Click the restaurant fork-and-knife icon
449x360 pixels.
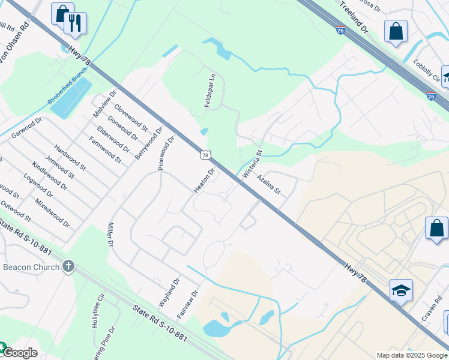click(x=75, y=23)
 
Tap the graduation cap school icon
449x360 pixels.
click(x=400, y=290)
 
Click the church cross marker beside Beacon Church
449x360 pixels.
click(x=68, y=266)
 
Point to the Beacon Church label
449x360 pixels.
click(x=31, y=267)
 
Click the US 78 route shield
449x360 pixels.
click(x=205, y=155)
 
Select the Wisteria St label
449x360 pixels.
click(x=252, y=164)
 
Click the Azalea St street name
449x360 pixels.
click(x=268, y=185)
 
